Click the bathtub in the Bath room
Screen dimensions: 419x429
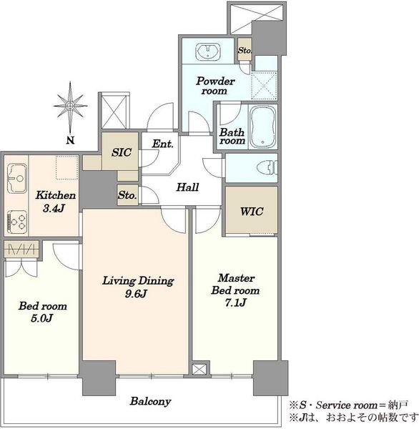[262, 127]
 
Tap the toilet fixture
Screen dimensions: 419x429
[267, 167]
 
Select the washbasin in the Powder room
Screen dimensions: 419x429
[208, 51]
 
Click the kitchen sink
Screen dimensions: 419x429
[17, 178]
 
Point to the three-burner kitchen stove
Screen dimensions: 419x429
[17, 222]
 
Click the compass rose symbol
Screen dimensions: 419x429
[70, 107]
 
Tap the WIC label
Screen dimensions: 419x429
[252, 211]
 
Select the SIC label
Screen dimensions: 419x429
[122, 152]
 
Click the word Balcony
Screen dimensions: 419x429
[151, 401]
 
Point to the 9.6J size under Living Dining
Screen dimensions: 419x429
[136, 294]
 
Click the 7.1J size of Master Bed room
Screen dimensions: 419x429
[236, 302]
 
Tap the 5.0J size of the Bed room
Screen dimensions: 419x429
[41, 318]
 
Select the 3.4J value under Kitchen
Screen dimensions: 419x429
[54, 208]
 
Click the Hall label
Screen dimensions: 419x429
[187, 187]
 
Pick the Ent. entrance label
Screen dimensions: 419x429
[162, 144]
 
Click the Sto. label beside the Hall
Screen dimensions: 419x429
[127, 195]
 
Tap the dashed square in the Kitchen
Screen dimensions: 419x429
[66, 168]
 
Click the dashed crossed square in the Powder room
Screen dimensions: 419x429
[264, 86]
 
